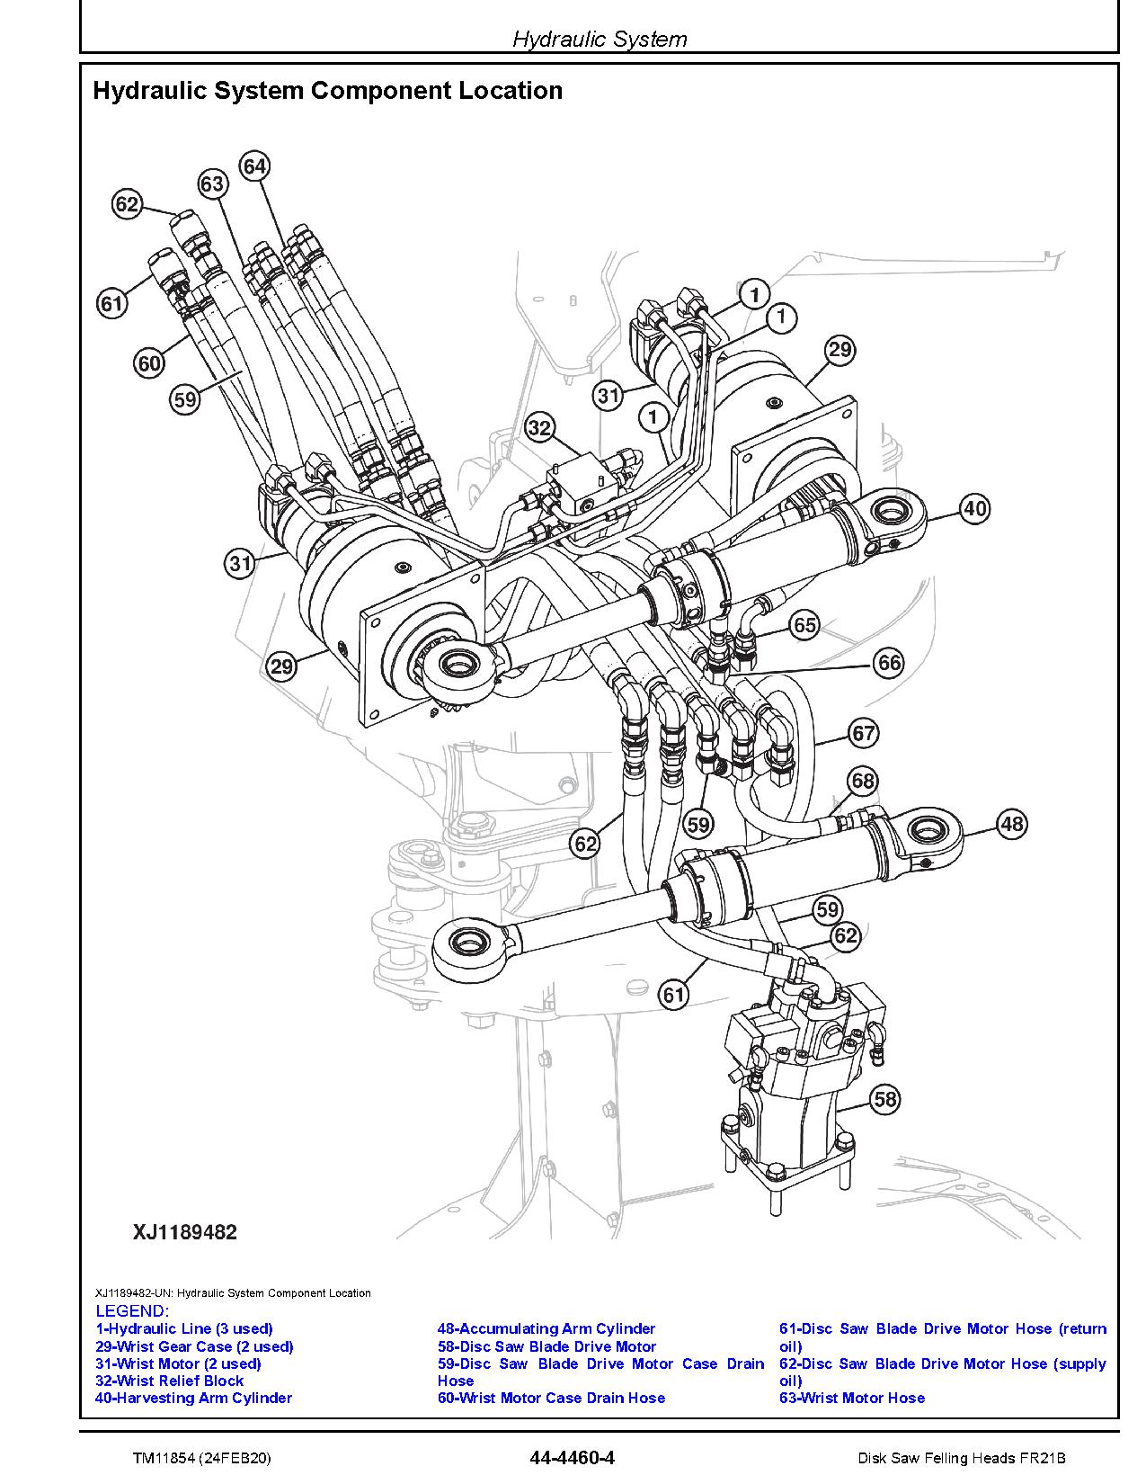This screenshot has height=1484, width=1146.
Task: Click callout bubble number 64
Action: [255, 166]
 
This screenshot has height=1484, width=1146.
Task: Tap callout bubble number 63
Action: [212, 183]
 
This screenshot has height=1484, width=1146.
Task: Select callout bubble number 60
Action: [149, 363]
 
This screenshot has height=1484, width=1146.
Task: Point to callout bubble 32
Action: [538, 428]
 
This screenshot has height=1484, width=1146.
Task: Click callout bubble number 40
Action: [975, 509]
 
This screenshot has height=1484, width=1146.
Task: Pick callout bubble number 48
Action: [1012, 824]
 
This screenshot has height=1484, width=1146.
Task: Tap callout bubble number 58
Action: [885, 1099]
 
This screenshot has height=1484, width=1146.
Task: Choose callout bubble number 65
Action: [804, 625]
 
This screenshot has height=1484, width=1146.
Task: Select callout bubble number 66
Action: [889, 664]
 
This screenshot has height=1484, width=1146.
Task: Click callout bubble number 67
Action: [864, 734]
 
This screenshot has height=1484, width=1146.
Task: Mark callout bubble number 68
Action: [863, 781]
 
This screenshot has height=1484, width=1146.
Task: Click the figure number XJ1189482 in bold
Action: [185, 1232]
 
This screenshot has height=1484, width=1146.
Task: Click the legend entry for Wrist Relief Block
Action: [169, 1381]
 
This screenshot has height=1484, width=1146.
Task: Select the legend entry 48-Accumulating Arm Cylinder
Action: [546, 1328]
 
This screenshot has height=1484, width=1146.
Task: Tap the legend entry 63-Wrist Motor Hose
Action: [851, 1398]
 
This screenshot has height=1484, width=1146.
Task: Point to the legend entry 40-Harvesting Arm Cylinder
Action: [193, 1398]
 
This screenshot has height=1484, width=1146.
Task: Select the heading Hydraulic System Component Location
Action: [328, 91]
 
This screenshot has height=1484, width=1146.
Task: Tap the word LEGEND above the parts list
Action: [132, 1311]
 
